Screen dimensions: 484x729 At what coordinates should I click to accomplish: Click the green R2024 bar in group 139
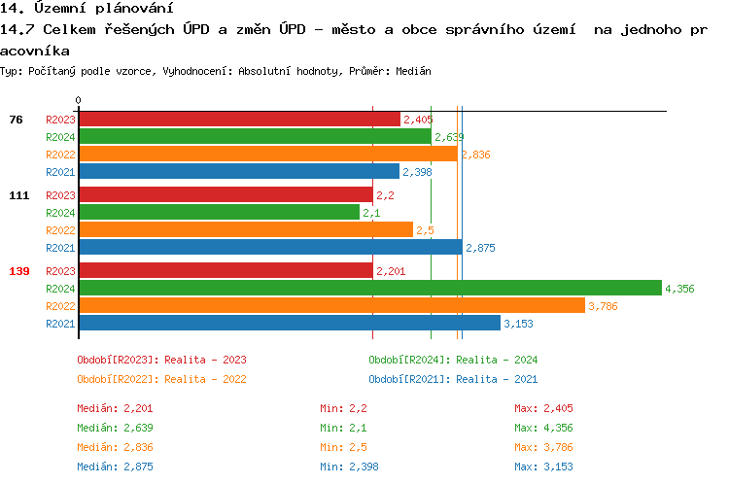pyautogui.click(x=369, y=288)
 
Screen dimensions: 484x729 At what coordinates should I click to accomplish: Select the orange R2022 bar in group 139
pyautogui.click(x=331, y=305)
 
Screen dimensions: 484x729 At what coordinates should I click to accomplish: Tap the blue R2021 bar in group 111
pyautogui.click(x=270, y=247)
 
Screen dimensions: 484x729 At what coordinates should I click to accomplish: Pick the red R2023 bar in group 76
pyautogui.click(x=239, y=119)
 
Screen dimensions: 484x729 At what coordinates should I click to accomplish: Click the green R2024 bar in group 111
pyautogui.click(x=219, y=212)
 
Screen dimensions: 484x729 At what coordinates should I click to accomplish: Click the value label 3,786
pyautogui.click(x=604, y=306)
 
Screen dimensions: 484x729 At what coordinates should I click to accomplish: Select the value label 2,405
pyautogui.click(x=418, y=120)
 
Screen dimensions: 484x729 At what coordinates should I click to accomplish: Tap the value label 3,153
pyautogui.click(x=519, y=324)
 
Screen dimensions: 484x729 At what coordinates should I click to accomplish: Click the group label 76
pyautogui.click(x=16, y=120)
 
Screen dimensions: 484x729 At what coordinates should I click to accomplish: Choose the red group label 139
pyautogui.click(x=18, y=271)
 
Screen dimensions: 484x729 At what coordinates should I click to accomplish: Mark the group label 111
pyautogui.click(x=18, y=195)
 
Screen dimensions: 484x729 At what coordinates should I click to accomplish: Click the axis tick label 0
pyautogui.click(x=78, y=100)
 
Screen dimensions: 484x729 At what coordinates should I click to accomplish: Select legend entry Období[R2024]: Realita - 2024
pyautogui.click(x=453, y=360)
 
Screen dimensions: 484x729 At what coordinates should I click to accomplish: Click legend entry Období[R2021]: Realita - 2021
pyautogui.click(x=453, y=379)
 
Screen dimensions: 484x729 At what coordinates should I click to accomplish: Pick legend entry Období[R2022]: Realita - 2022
pyautogui.click(x=161, y=379)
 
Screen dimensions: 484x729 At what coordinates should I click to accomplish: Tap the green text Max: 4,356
pyautogui.click(x=551, y=428)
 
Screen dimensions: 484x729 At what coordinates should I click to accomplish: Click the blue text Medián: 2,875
pyautogui.click(x=115, y=467)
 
